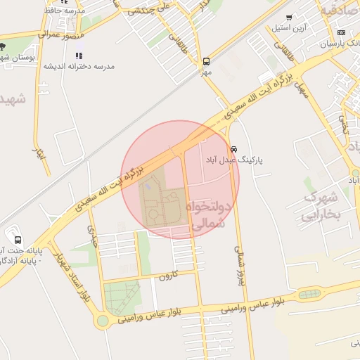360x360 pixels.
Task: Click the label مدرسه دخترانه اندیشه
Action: [x=79, y=66]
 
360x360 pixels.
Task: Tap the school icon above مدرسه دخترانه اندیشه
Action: [x=79, y=55]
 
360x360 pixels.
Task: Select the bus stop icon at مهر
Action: [x=205, y=61]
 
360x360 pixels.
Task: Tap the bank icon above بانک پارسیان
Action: [x=342, y=32]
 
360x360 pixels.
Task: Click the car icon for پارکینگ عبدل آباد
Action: [x=233, y=149]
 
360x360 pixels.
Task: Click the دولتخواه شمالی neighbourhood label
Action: [x=209, y=214]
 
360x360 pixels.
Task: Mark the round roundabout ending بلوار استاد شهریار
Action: [x=103, y=321]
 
